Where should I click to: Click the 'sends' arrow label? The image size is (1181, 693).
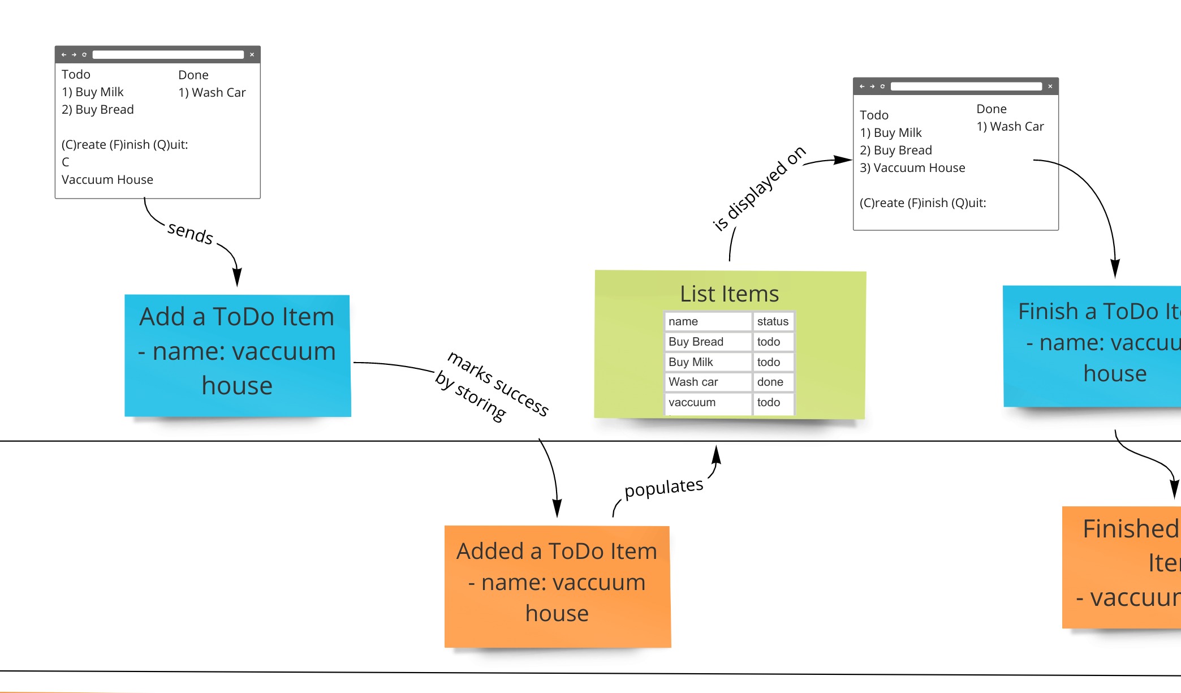[191, 233]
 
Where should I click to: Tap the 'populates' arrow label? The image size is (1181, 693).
[663, 488]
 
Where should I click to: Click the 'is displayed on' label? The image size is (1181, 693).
[758, 188]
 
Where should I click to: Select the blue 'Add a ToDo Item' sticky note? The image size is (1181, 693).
[238, 355]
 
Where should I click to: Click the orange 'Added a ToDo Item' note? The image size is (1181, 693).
[557, 586]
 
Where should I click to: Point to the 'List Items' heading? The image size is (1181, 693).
[729, 294]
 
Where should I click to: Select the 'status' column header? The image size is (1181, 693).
[772, 321]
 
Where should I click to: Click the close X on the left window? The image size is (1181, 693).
[252, 55]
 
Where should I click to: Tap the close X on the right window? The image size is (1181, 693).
[1050, 87]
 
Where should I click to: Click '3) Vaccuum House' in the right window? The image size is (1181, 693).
[912, 168]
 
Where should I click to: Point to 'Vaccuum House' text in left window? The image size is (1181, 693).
[107, 180]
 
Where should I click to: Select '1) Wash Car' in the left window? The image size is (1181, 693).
[212, 93]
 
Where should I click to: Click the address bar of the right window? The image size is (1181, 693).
[966, 87]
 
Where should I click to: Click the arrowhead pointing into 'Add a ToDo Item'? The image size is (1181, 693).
[238, 278]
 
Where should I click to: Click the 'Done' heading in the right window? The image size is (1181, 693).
[991, 109]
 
